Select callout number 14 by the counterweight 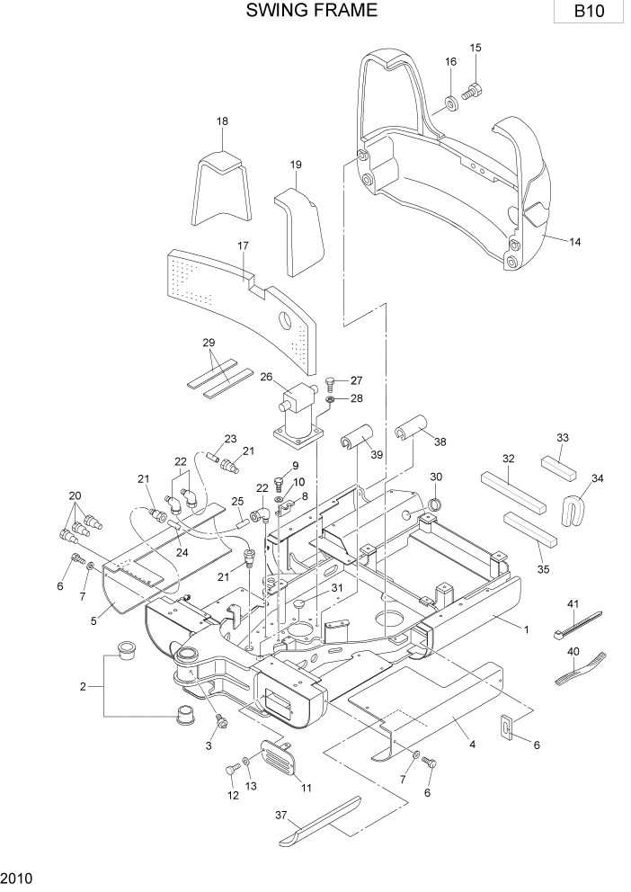pos(575,240)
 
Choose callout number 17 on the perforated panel pos(243,245)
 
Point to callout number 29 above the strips pos(209,343)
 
